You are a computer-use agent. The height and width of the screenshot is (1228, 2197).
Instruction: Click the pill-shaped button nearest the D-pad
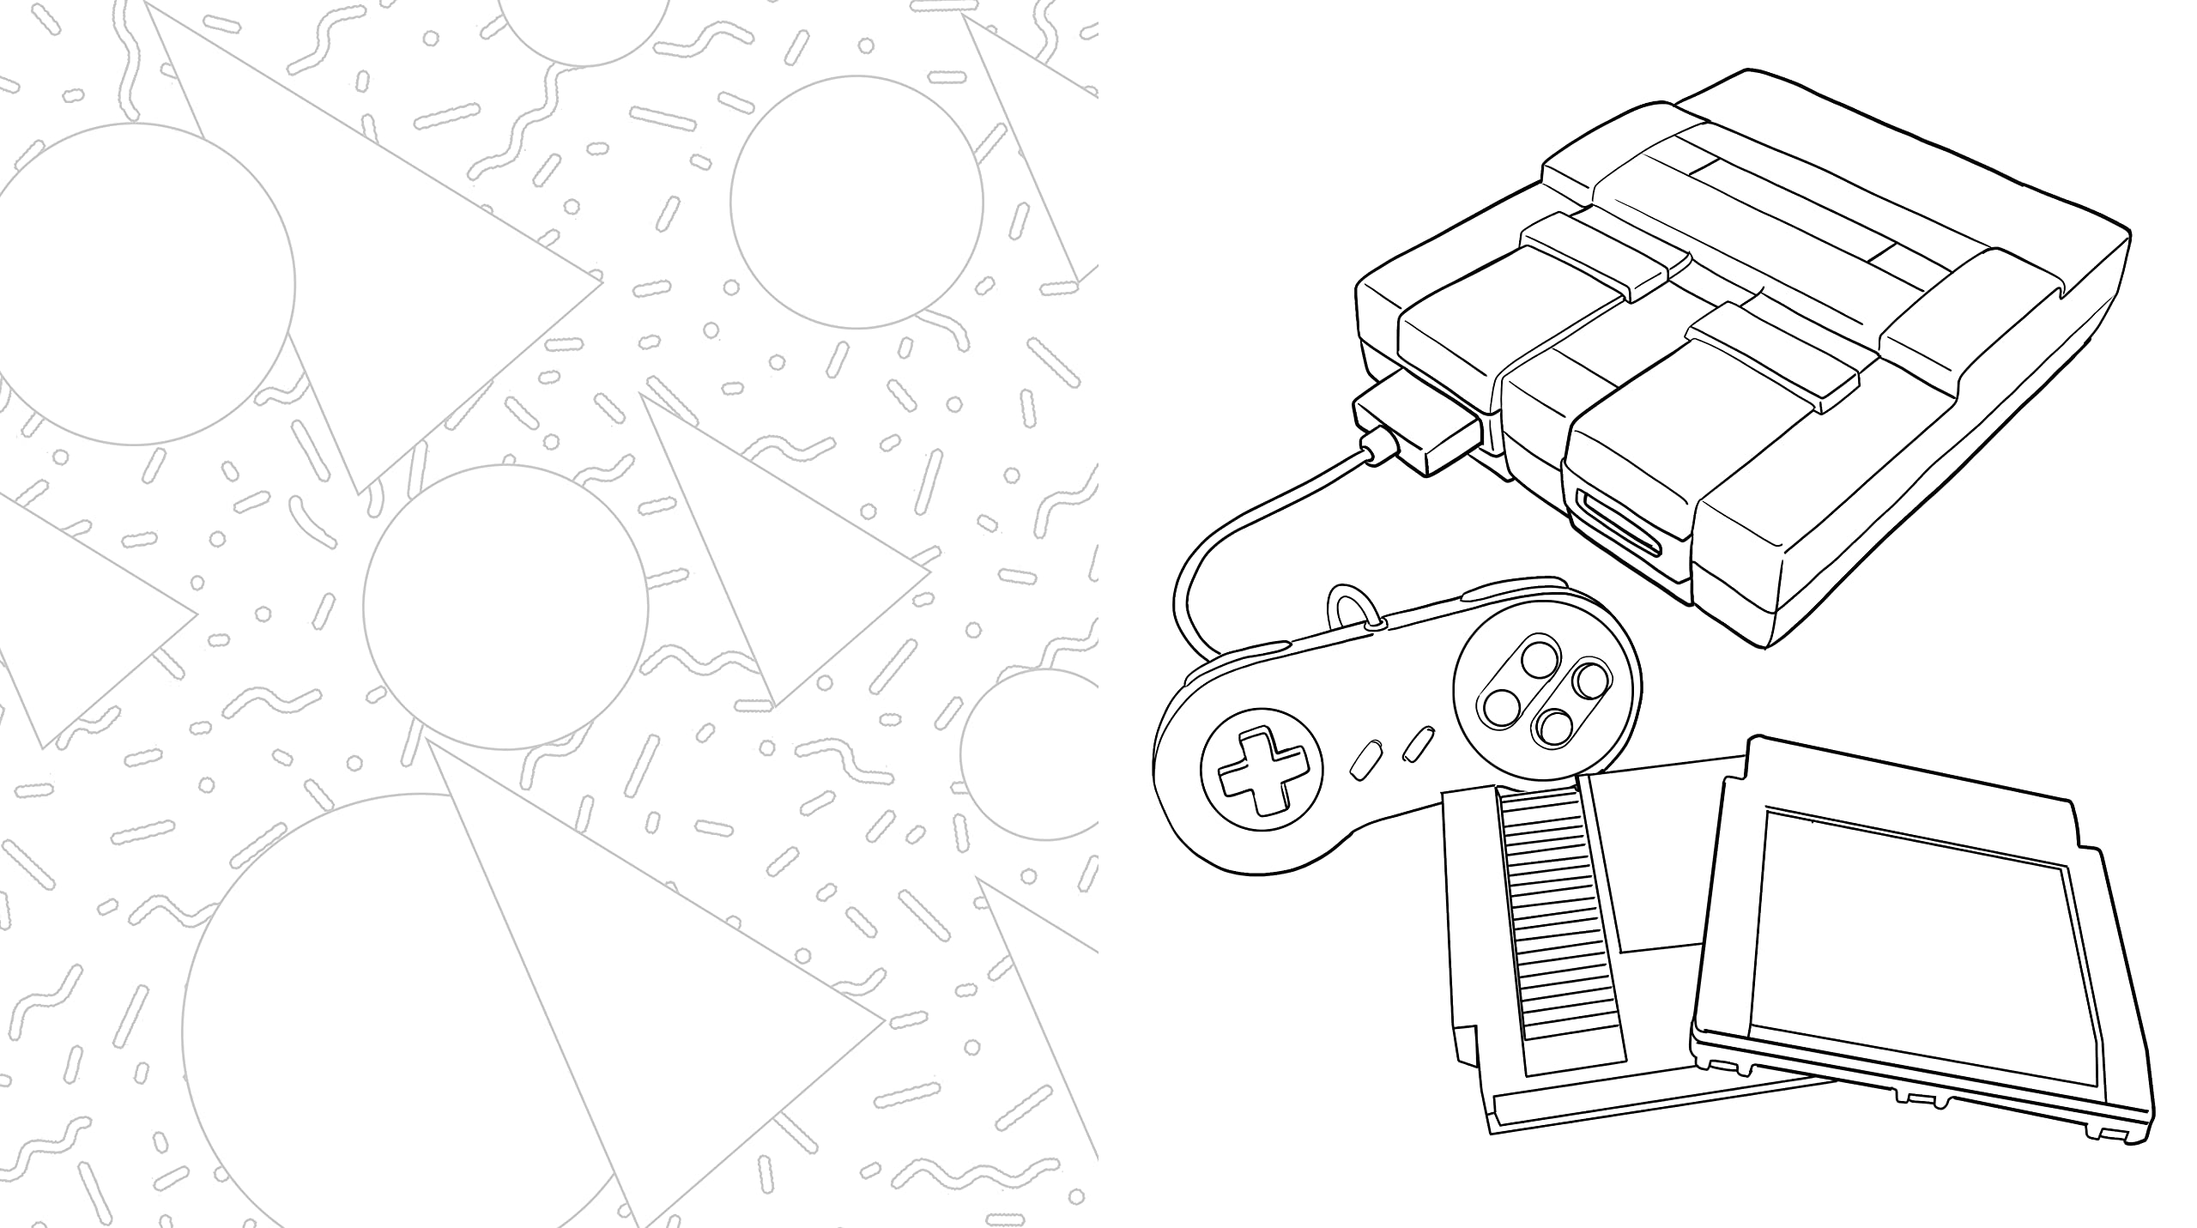click(x=1365, y=760)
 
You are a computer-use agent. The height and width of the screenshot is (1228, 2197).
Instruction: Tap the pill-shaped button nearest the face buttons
click(x=1418, y=742)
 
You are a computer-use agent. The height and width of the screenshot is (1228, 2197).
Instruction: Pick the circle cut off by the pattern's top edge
click(x=584, y=26)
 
